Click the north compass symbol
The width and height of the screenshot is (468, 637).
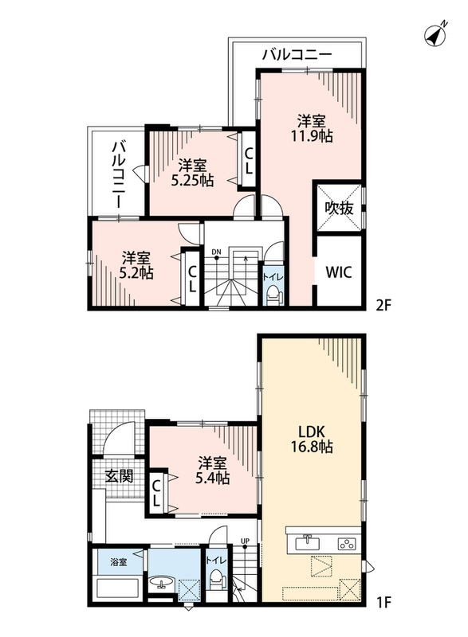435,34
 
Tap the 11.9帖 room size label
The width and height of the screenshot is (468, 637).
311,136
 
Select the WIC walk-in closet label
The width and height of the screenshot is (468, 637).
338,272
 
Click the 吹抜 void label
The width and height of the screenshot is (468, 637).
339,209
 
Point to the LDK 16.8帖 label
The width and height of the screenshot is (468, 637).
311,440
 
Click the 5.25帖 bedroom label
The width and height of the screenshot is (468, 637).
192,180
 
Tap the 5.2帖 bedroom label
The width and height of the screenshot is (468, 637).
136,272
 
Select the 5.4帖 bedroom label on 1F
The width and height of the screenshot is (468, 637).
213,477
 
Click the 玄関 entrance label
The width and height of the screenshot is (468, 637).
119,475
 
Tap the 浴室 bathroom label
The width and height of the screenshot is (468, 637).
119,562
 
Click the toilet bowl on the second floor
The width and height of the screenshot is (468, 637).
273,295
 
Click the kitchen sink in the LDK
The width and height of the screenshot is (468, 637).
307,542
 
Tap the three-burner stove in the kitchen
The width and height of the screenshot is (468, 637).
346,544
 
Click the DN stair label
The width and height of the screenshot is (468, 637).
216,252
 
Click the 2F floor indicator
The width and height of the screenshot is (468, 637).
383,305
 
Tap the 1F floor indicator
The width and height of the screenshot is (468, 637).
383,601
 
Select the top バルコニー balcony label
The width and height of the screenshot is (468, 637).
297,53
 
